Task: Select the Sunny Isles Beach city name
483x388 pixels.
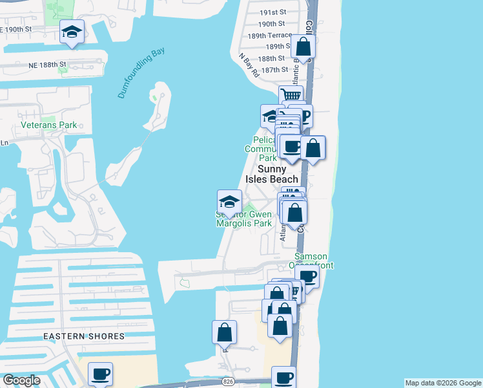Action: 272,174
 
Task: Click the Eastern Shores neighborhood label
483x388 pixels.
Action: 84,336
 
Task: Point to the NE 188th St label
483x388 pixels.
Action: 46,64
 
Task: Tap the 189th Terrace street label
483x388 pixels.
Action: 271,35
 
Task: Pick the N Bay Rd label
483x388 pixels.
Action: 249,65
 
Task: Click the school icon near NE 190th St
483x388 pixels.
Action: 72,31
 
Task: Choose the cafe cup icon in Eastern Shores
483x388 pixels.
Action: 100,373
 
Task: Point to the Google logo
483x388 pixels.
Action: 21,380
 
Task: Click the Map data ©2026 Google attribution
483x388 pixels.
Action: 443,383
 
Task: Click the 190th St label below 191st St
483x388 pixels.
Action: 271,23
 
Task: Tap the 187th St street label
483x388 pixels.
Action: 274,69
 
